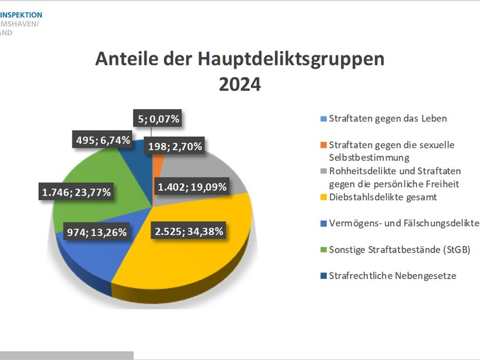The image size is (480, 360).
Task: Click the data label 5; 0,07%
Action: [157, 119]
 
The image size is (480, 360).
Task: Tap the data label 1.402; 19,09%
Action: [192, 187]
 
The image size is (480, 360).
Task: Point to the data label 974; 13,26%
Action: [95, 230]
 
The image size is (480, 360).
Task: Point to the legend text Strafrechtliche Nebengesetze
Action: [394, 277]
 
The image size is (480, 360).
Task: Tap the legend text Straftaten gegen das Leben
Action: [388, 118]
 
